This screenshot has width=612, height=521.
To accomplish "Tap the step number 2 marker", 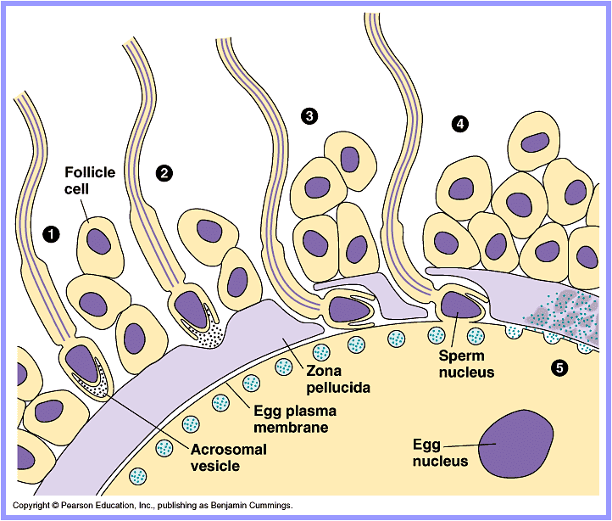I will [x=164, y=173].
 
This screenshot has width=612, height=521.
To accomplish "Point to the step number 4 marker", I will [x=460, y=124].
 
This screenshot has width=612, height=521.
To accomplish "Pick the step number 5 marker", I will [x=559, y=367].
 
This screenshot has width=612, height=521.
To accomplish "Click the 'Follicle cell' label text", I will [x=90, y=180].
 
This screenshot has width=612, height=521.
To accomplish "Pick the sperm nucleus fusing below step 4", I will [x=459, y=303].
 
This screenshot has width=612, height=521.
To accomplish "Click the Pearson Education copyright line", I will [x=153, y=506].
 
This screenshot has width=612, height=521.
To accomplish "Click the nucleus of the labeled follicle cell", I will [x=98, y=240].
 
